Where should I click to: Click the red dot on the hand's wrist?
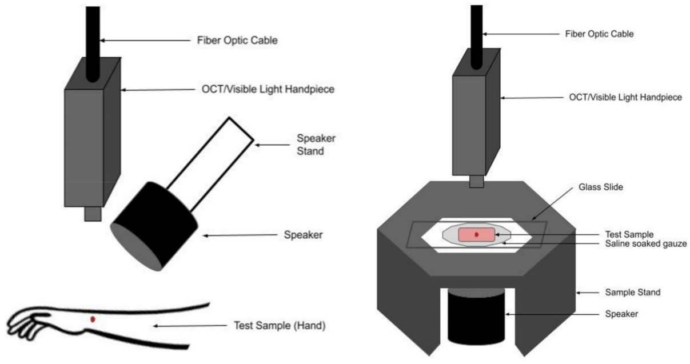coord(93,319)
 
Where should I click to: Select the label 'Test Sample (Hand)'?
coord(280,326)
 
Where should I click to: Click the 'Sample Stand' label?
coord(632,292)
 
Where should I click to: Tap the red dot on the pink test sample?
coord(476,234)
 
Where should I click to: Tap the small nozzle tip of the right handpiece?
coord(477,182)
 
